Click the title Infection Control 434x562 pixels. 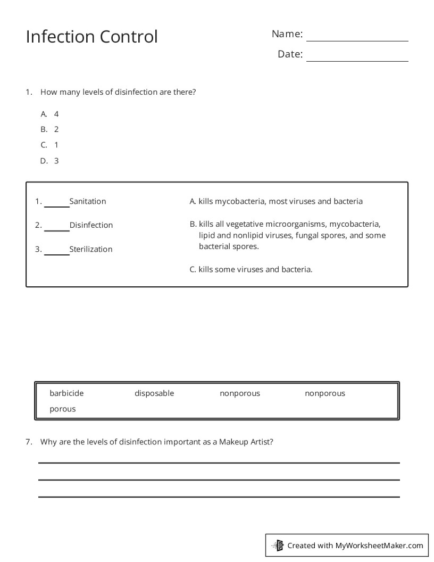91,37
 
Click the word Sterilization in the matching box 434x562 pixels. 91,249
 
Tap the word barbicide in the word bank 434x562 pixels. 66,393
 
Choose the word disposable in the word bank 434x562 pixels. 154,393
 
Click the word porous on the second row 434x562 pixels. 63,409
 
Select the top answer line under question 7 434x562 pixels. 219,462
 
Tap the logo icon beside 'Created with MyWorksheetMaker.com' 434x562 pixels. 278,545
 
